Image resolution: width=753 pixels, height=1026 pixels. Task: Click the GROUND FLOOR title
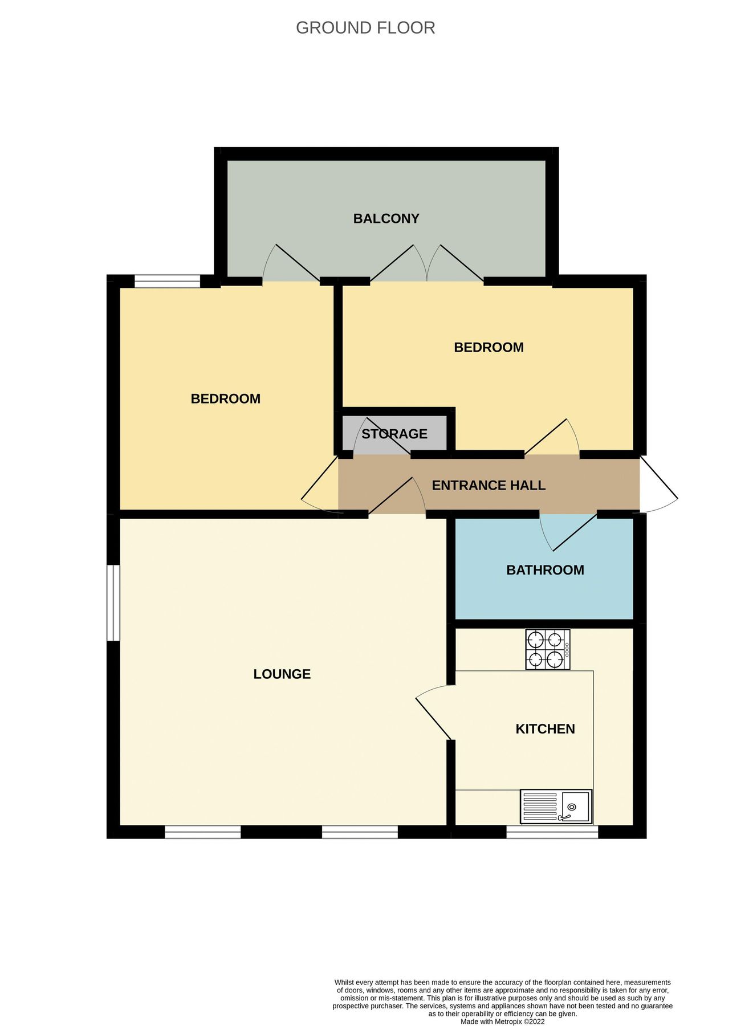tap(365, 28)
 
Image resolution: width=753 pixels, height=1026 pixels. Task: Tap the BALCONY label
tap(386, 219)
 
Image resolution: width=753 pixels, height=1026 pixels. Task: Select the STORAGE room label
tap(394, 434)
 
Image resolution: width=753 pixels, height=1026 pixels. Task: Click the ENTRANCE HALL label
tap(488, 486)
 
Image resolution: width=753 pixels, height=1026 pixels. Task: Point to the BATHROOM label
tap(544, 570)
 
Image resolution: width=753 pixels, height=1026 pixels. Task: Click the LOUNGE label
tap(282, 674)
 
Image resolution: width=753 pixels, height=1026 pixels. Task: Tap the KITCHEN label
tap(544, 729)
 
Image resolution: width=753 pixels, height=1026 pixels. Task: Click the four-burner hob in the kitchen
tap(547, 650)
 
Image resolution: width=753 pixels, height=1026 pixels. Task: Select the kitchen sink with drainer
tap(556, 807)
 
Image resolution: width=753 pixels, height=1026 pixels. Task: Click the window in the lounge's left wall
tap(113, 603)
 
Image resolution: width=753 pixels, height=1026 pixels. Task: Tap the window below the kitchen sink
tap(552, 832)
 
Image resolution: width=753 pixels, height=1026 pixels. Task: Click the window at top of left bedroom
tap(167, 281)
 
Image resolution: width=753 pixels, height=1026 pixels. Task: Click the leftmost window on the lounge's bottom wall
tap(202, 832)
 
